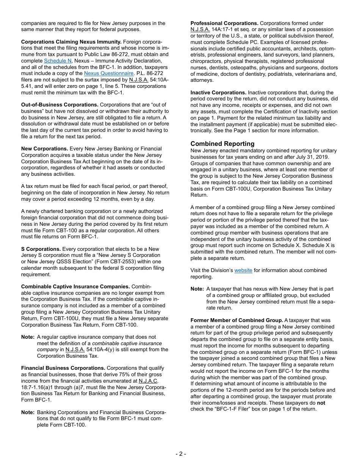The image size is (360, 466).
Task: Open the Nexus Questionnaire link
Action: pos(109,73)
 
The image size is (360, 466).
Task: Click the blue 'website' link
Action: pos(243,270)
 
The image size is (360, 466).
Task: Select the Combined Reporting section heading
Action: pos(222,144)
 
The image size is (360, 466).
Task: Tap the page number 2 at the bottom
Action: pos(180,454)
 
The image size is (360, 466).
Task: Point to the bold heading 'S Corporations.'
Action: pos(41,249)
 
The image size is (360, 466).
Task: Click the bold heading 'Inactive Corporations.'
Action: pos(218,92)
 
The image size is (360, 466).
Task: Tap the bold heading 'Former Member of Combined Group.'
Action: pos(236,320)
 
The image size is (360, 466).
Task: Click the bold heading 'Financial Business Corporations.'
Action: pos(63,368)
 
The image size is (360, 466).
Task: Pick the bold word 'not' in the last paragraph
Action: pos(321,403)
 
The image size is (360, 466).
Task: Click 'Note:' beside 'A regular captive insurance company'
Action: pos(28,337)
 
